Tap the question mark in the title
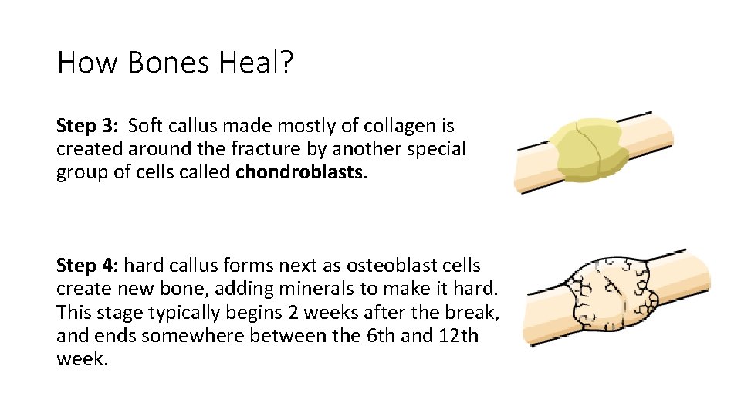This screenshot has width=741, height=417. pyautogui.click(x=286, y=62)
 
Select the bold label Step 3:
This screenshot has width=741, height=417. pyautogui.click(x=87, y=125)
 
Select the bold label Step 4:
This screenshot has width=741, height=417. pyautogui.click(x=87, y=266)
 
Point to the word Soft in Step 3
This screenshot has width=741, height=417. pyautogui.click(x=144, y=125)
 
